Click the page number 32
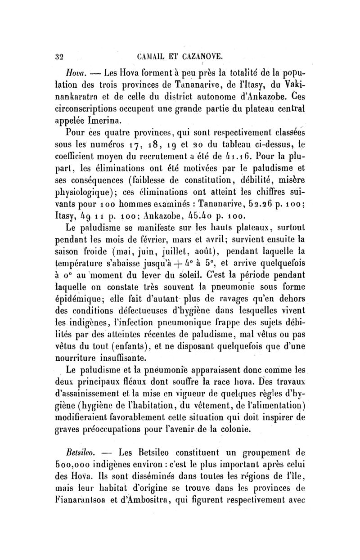pos(58,57)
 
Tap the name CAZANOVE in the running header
pos(201,57)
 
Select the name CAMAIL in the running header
pos(139,57)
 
